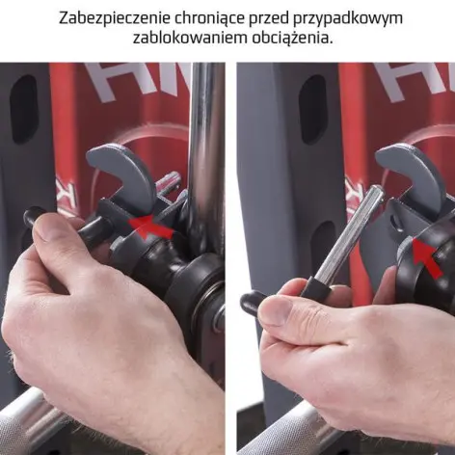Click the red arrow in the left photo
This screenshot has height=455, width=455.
[154, 227]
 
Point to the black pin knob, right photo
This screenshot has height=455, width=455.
[252, 304]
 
